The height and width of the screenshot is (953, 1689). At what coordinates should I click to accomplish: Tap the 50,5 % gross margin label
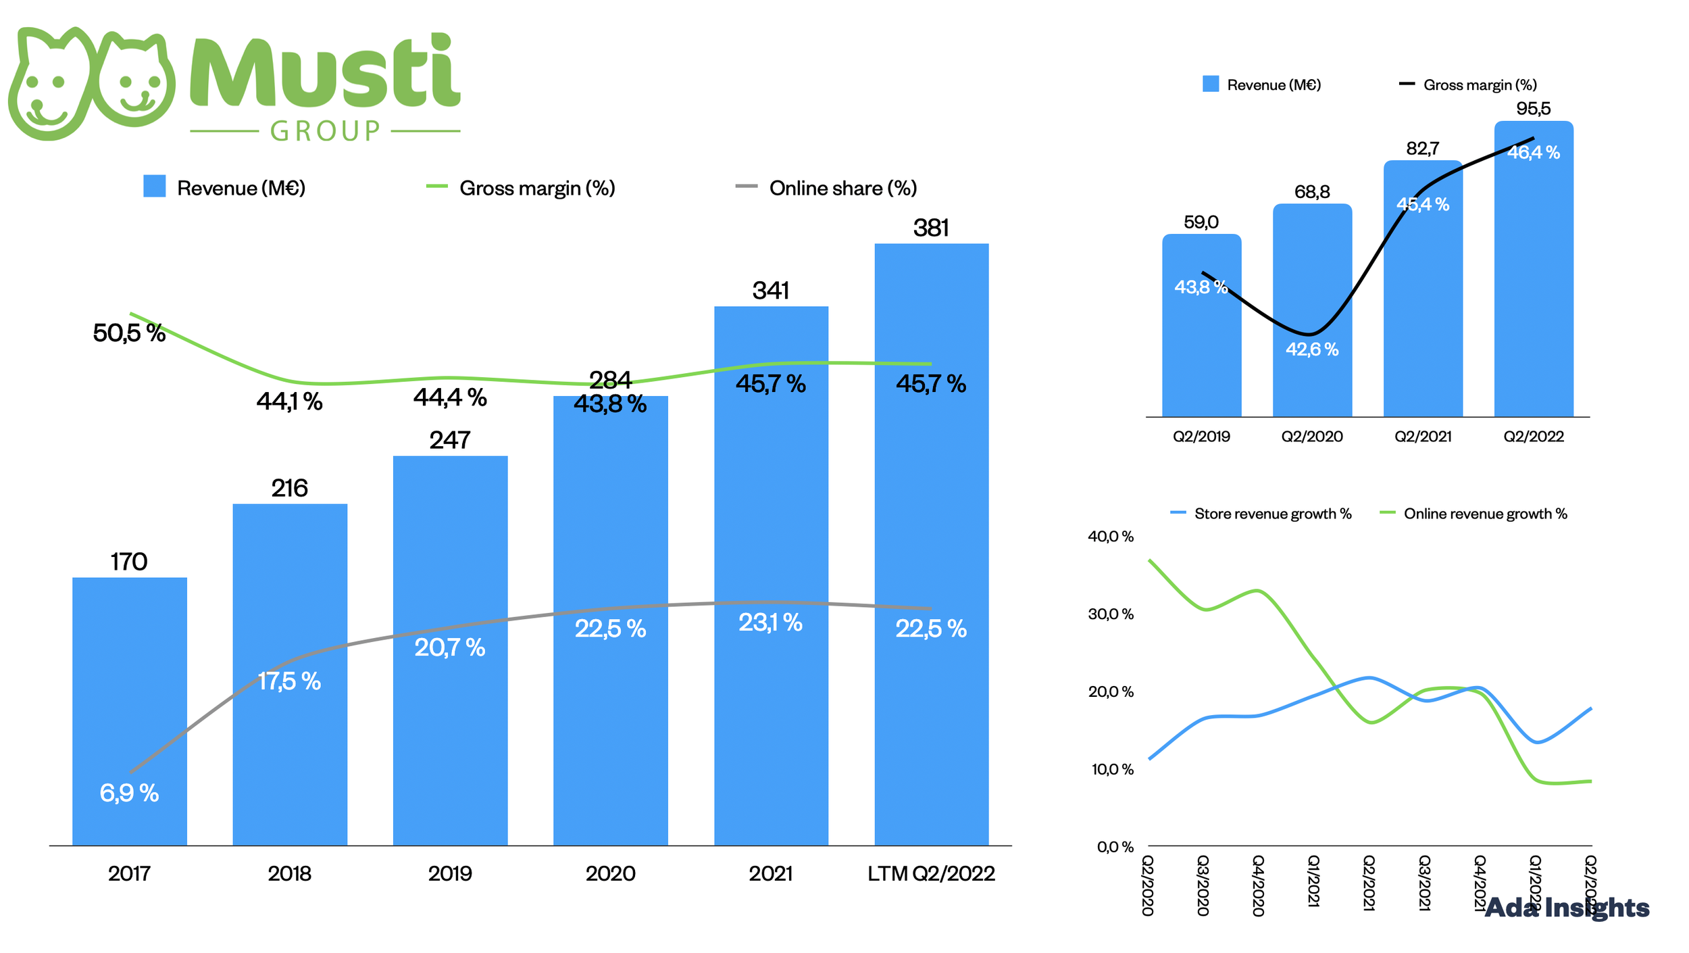[129, 333]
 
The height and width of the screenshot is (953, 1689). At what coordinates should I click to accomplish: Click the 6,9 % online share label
[129, 792]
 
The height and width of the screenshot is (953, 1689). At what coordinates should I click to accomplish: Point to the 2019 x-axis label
[450, 873]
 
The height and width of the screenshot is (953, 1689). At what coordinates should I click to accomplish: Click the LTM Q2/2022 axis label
[931, 873]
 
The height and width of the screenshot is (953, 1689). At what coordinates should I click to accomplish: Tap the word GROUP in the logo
[326, 131]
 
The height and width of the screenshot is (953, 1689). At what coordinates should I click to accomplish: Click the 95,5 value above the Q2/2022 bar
[1533, 108]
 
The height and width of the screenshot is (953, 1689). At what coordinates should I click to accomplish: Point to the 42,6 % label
[1311, 349]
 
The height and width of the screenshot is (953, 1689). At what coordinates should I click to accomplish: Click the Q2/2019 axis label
[1201, 437]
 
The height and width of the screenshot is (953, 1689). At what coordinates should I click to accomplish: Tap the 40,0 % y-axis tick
[1111, 537]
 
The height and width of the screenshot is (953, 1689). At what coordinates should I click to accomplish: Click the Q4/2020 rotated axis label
[1258, 885]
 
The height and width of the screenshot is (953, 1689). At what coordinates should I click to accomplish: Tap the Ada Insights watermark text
[1567, 908]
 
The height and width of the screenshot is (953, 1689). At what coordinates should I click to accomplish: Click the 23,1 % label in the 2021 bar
[770, 622]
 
